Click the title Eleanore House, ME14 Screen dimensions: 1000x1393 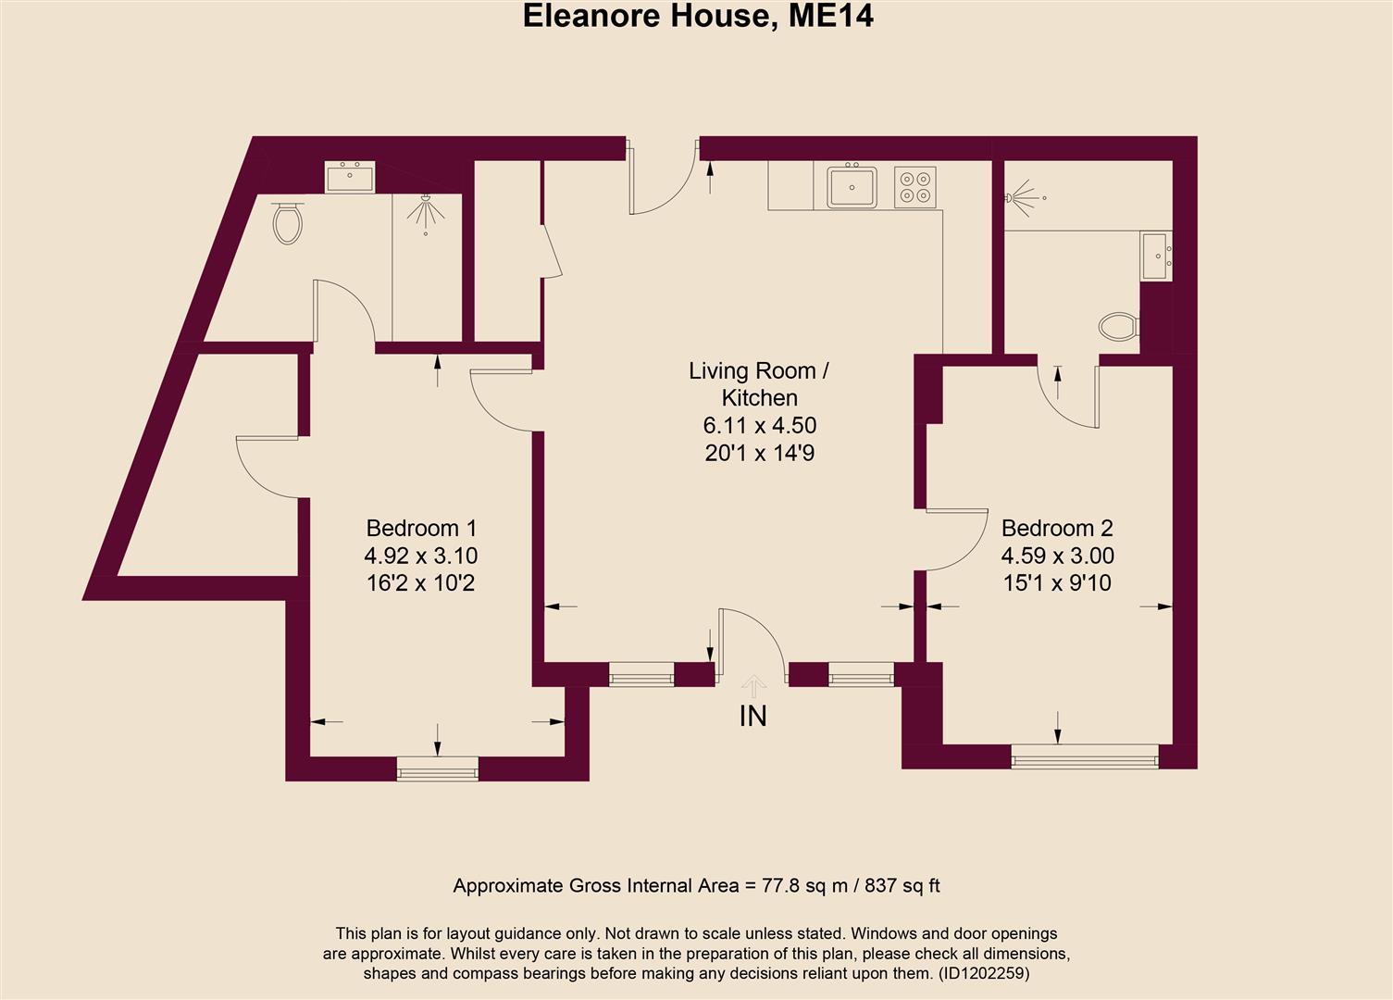tap(698, 16)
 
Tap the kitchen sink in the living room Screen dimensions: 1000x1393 tap(852, 186)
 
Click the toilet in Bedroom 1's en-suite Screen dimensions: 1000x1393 tap(288, 222)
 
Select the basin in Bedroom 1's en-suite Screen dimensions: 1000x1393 tap(350, 177)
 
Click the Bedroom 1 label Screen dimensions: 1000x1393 tap(421, 528)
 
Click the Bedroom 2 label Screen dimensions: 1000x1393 tap(1057, 528)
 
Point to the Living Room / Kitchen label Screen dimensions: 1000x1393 tap(759, 384)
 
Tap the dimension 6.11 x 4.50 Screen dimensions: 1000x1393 tap(759, 426)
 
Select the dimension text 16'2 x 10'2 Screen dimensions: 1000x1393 tap(421, 583)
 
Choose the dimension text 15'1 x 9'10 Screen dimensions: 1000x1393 tap(1057, 583)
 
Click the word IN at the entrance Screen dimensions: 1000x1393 tap(753, 716)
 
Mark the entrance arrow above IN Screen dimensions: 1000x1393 tap(754, 686)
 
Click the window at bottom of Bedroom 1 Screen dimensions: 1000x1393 tap(438, 768)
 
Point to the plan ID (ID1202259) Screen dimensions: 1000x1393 tap(983, 973)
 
